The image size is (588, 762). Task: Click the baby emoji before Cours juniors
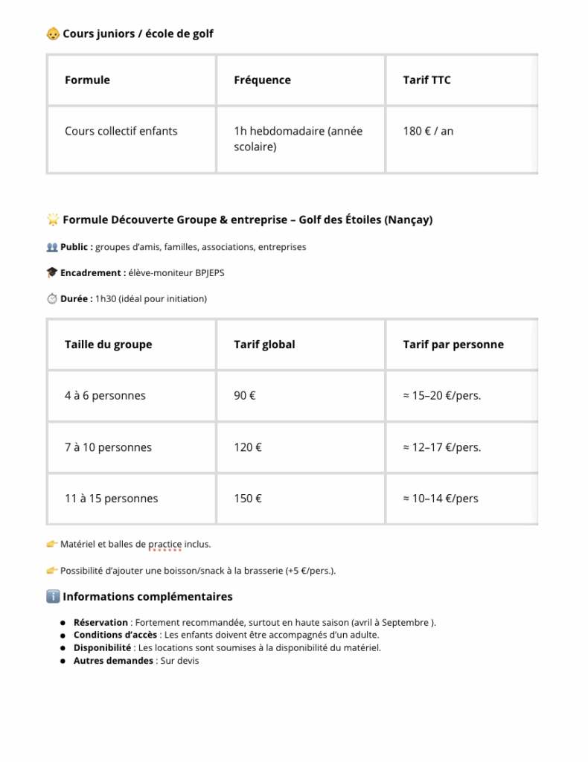[x=53, y=33]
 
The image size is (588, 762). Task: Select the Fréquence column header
[x=262, y=80]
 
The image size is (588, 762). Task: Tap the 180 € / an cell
[x=428, y=131]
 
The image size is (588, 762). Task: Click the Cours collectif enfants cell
[x=121, y=131]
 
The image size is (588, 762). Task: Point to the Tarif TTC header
[x=426, y=80]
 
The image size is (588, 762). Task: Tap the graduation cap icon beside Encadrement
[x=52, y=273]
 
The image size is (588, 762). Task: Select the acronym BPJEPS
[x=210, y=273]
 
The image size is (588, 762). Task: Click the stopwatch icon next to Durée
[x=52, y=299]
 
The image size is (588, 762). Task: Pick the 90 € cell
[x=245, y=395]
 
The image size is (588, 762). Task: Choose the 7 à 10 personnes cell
[x=108, y=447]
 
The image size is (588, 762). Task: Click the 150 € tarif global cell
[x=248, y=499]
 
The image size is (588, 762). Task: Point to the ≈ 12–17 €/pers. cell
[x=442, y=447]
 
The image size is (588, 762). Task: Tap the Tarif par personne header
[x=453, y=345]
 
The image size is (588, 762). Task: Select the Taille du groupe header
[x=109, y=345]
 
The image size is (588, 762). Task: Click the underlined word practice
[x=165, y=544]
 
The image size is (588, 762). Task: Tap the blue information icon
[x=53, y=597]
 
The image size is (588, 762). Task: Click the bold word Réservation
[x=100, y=623]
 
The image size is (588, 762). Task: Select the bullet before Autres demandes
[x=63, y=662]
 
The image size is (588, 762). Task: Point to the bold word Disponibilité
[x=103, y=648]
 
